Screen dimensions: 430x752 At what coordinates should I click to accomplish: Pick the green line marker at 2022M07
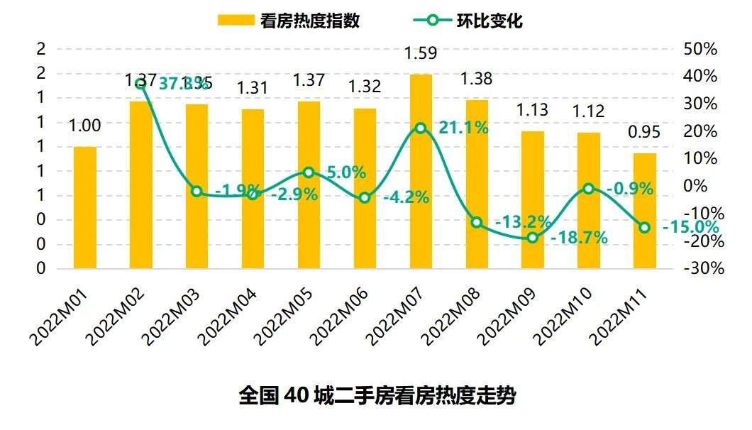point(421,128)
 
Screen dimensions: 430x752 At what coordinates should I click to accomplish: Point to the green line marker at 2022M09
point(533,238)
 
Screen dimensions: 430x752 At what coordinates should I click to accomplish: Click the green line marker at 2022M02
point(141,83)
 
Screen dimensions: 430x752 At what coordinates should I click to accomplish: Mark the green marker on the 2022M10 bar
point(589,189)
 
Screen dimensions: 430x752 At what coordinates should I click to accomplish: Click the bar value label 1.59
point(421,54)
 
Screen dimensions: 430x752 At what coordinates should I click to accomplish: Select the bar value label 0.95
point(644,132)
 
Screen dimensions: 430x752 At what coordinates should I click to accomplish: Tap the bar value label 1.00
point(85,126)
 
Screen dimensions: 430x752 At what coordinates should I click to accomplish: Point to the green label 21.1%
point(462,128)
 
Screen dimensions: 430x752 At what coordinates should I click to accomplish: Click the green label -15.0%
point(690,228)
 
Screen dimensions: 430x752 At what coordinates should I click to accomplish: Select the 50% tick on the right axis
point(701,50)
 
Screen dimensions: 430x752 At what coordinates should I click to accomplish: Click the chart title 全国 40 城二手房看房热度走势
point(376,395)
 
